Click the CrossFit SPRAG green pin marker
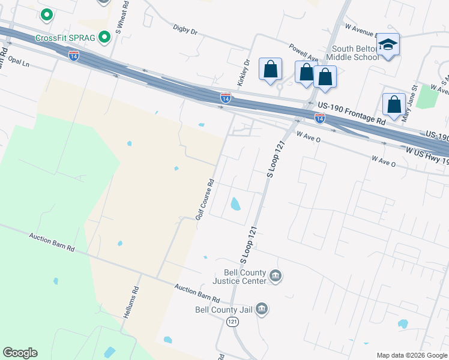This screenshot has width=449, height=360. tap(105, 38)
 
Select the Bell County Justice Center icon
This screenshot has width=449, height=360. tap(276, 276)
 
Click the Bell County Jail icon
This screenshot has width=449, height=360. tap(262, 309)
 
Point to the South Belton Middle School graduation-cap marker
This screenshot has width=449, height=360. tap(388, 44)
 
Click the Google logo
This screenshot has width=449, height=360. tap(20, 353)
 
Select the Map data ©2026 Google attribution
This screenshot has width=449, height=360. tap(411, 355)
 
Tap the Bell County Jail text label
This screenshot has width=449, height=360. tap(224, 310)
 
